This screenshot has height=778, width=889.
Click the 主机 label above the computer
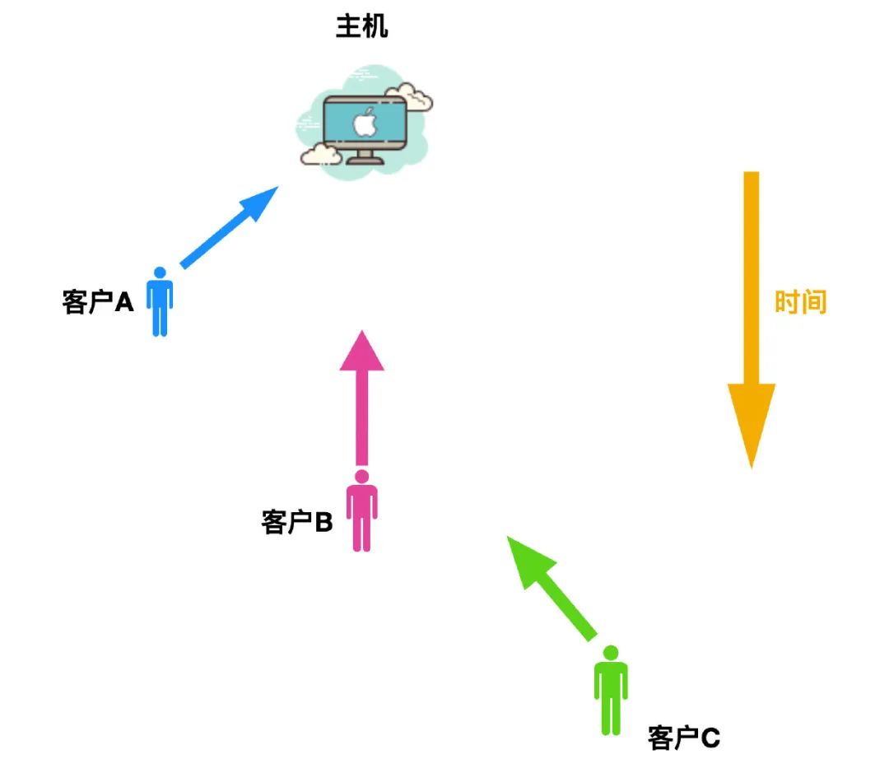click(362, 27)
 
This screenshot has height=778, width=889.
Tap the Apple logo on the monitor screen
click(363, 123)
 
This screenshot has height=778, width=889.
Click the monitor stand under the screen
click(364, 156)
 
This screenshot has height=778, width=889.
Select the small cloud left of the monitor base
click(320, 153)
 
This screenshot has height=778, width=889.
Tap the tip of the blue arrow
click(275, 189)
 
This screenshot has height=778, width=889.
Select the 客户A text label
click(97, 302)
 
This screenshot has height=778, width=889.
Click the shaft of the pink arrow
click(362, 420)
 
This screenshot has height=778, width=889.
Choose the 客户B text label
click(297, 522)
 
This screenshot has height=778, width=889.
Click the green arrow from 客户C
click(556, 589)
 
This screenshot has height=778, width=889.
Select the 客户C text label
click(684, 738)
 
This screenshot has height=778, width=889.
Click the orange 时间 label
click(800, 302)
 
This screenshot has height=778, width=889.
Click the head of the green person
click(610, 653)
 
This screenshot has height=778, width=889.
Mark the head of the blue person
click(160, 273)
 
